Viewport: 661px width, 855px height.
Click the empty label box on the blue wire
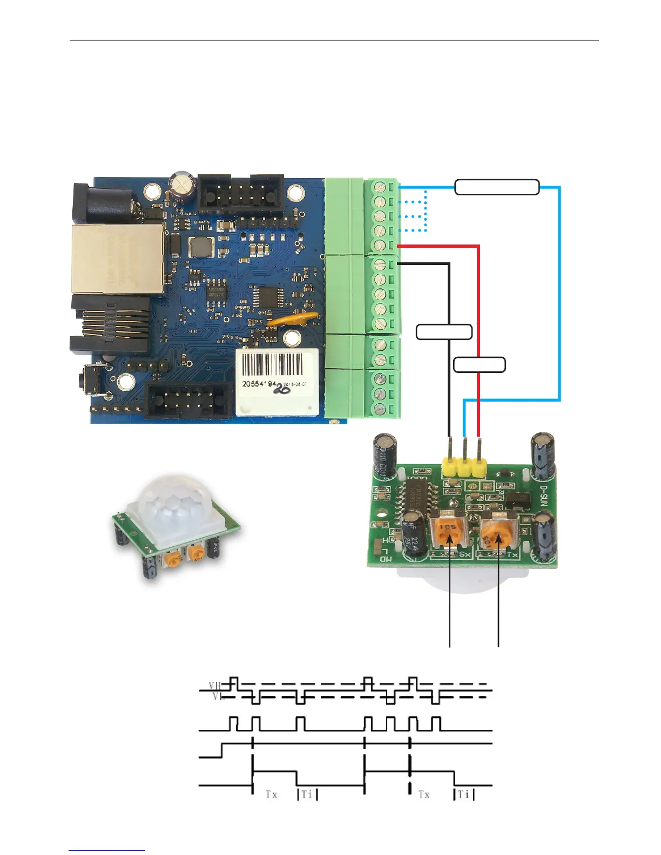[497, 187]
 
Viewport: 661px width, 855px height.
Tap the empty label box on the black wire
[444, 332]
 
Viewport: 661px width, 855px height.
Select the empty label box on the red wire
[479, 365]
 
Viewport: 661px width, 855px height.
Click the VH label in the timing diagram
[215, 686]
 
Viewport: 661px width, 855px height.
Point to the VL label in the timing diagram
[218, 697]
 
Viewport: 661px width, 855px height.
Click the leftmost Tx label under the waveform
[271, 795]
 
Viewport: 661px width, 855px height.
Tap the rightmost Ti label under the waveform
[463, 795]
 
